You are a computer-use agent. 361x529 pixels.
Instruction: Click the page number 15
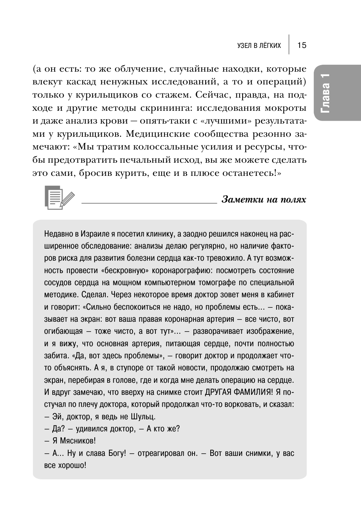(302, 45)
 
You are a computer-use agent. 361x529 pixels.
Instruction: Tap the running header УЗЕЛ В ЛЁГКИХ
(259, 46)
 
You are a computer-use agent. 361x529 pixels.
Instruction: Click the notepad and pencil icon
(59, 197)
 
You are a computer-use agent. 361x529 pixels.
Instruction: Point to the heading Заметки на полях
(264, 200)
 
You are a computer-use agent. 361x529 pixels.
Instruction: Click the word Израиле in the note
(88, 234)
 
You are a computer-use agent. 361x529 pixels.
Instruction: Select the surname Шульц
(145, 416)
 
